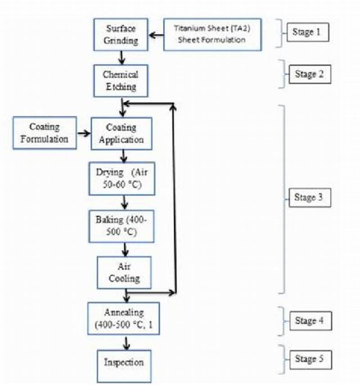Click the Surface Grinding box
(121, 34)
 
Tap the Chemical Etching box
(120, 80)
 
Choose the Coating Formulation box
(45, 133)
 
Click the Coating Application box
(121, 133)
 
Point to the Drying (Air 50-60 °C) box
(121, 178)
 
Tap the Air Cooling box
(124, 272)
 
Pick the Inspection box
(124, 362)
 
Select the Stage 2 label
(309, 74)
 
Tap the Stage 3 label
(309, 198)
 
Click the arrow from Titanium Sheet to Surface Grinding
(156, 35)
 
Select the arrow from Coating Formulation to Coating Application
(83, 133)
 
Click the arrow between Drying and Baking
(124, 202)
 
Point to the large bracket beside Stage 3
(282, 198)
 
